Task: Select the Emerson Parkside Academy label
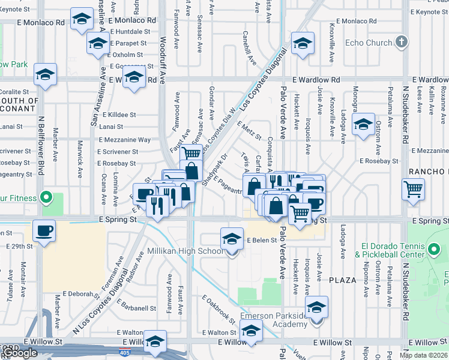pos(274,320)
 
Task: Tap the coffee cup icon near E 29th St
pos(45,230)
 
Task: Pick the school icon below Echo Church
pos(363,124)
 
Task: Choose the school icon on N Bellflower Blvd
pos(45,75)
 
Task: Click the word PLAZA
pos(343,280)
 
